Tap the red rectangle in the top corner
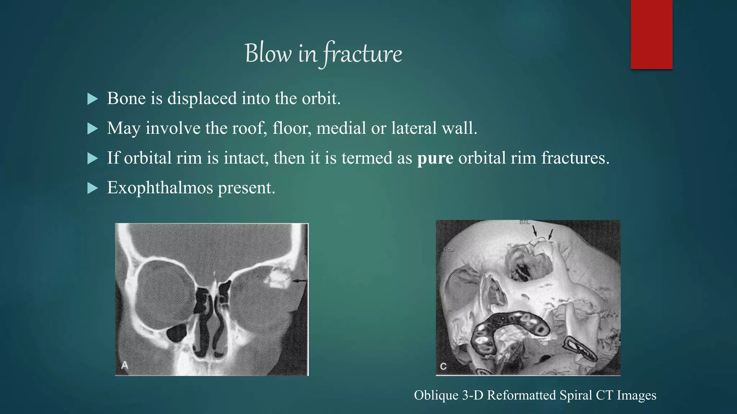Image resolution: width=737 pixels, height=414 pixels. (x=651, y=34)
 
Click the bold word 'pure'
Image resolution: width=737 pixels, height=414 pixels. (x=435, y=158)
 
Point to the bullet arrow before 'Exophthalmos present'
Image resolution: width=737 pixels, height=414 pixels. (x=92, y=188)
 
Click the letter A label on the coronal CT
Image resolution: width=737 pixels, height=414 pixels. (x=125, y=365)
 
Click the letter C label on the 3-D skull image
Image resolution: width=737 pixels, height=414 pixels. (x=443, y=366)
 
